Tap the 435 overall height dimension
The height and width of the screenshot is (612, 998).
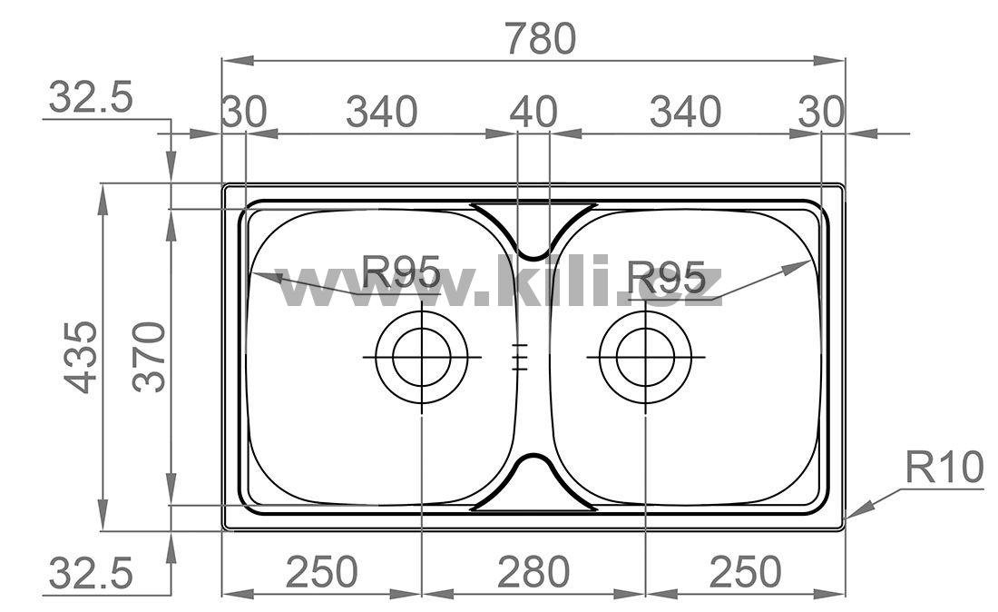pyautogui.click(x=81, y=357)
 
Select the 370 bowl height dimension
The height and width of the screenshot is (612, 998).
pyautogui.click(x=150, y=357)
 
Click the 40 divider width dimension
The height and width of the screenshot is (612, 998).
pyautogui.click(x=533, y=112)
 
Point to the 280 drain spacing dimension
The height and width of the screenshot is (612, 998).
pyautogui.click(x=533, y=571)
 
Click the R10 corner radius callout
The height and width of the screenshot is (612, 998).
pyautogui.click(x=944, y=468)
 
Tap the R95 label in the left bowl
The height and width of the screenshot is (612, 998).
pyautogui.click(x=401, y=271)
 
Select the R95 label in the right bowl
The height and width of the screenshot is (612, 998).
pyautogui.click(x=666, y=277)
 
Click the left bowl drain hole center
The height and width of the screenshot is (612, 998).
pyautogui.click(x=421, y=357)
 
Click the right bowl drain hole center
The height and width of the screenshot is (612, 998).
pyautogui.click(x=645, y=357)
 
